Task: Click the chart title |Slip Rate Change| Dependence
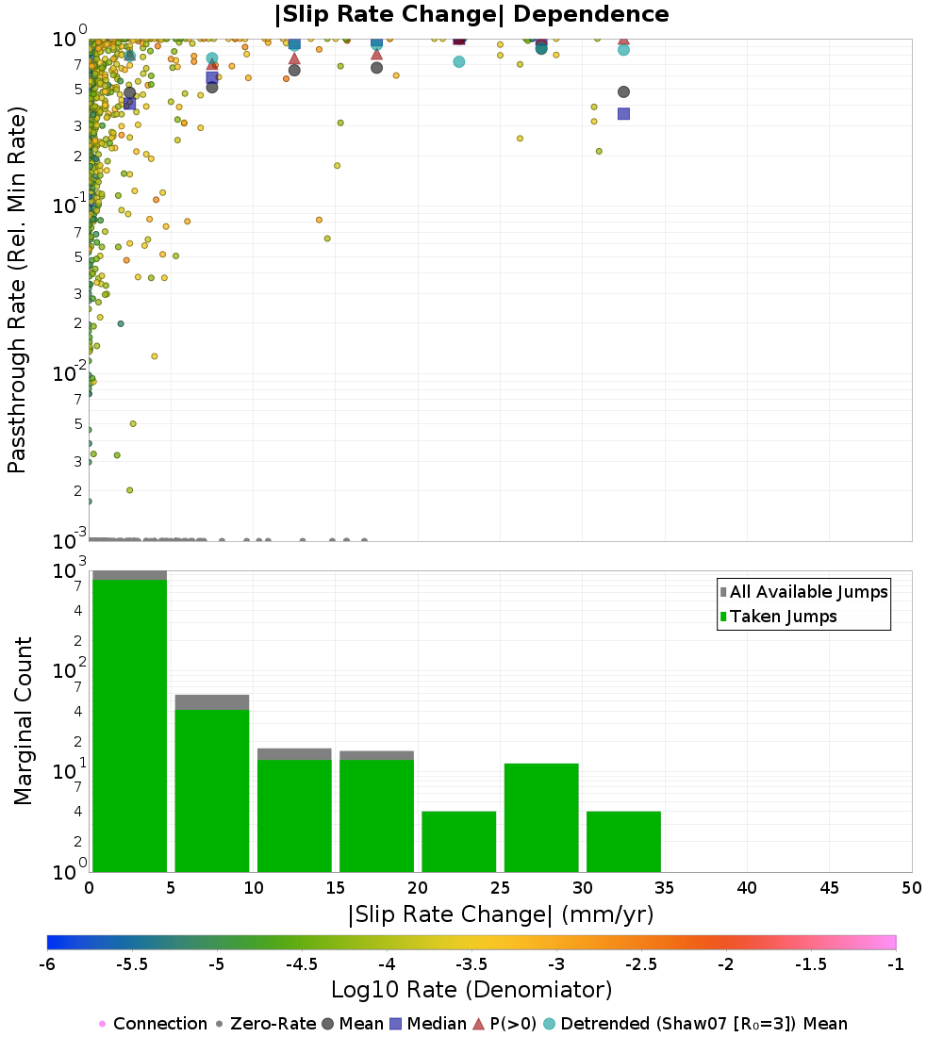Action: [x=471, y=14]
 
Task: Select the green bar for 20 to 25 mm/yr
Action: [x=458, y=841]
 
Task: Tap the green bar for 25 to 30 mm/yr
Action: [x=541, y=817]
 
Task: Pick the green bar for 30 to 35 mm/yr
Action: [x=623, y=841]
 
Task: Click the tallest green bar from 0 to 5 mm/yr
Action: [x=129, y=726]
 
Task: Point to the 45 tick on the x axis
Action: [x=830, y=887]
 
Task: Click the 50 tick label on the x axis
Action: [x=911, y=887]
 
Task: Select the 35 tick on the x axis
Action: [x=665, y=887]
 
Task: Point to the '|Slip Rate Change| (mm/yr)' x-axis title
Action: [x=501, y=914]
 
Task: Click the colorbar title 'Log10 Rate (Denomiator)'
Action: [x=471, y=990]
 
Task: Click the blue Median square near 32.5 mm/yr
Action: [x=623, y=113]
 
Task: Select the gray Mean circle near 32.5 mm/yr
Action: [x=623, y=91]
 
